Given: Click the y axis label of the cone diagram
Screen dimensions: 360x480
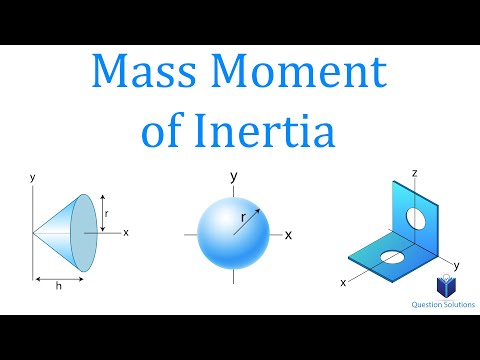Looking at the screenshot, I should [32, 177].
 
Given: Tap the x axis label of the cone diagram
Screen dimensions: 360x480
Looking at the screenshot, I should [126, 232].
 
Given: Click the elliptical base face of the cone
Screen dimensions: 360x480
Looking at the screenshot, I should [88, 231].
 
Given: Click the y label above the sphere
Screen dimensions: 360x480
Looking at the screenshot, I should [233, 177].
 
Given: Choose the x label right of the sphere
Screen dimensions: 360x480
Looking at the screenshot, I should [288, 235].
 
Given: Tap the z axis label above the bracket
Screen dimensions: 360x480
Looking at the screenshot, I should [413, 173].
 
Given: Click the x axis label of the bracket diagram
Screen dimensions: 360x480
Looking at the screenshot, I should [343, 283].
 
